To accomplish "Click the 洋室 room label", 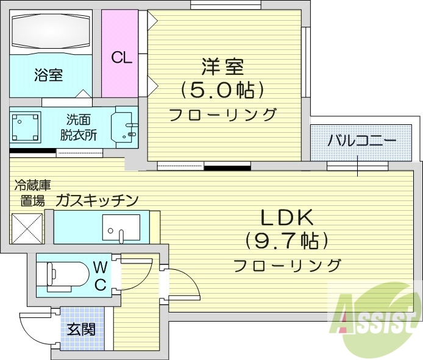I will click(x=222, y=65).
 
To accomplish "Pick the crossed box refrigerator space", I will click(x=26, y=229).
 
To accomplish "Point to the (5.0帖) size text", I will click(x=222, y=90).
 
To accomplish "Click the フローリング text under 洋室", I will click(x=222, y=115).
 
